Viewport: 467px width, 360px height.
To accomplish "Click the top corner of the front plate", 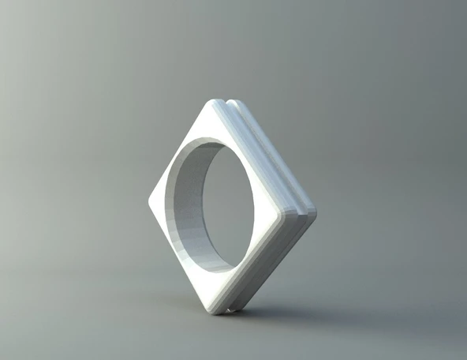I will (x=215, y=103).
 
